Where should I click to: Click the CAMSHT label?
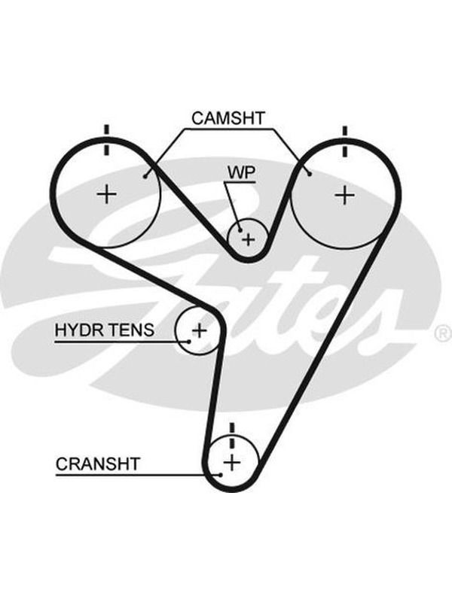pyautogui.click(x=228, y=118)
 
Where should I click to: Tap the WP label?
pyautogui.click(x=241, y=173)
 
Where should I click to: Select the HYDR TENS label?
pyautogui.click(x=105, y=330)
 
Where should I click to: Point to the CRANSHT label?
pyautogui.click(x=98, y=464)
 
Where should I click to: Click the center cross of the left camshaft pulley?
pyautogui.click(x=107, y=194)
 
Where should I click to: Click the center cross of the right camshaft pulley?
pyautogui.click(x=345, y=196)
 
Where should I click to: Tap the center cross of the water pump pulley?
pyautogui.click(x=249, y=239)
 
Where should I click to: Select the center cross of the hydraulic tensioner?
pyautogui.click(x=200, y=330)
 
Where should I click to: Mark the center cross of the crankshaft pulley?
pyautogui.click(x=232, y=462)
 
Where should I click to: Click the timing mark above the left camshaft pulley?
pyautogui.click(x=106, y=140)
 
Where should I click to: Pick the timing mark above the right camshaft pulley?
pyautogui.click(x=345, y=141)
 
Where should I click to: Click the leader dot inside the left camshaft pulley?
pyautogui.click(x=145, y=176)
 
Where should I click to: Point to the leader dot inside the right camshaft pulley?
pyautogui.click(x=310, y=175)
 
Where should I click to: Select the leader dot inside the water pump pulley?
pyautogui.click(x=240, y=230)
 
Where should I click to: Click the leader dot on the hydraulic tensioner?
pyautogui.click(x=189, y=342)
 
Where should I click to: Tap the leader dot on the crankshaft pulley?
pyautogui.click(x=220, y=475)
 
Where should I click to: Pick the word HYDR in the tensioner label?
pyautogui.click(x=78, y=330)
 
